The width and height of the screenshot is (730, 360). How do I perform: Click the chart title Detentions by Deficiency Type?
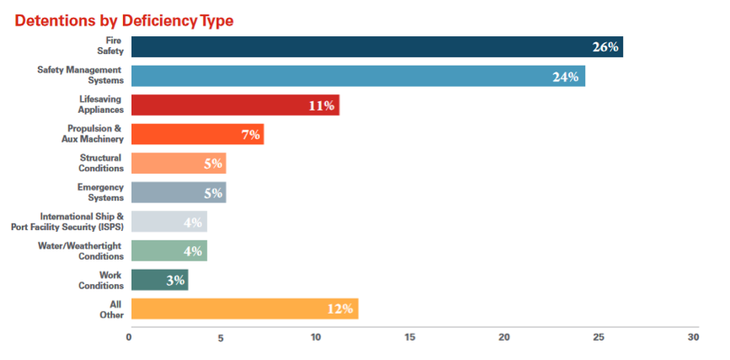point(124,21)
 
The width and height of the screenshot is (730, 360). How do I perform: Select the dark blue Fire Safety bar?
point(377,46)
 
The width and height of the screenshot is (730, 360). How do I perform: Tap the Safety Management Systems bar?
point(358,76)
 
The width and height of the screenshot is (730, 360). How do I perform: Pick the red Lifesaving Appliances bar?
point(235,105)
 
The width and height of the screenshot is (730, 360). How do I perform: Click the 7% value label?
point(250,135)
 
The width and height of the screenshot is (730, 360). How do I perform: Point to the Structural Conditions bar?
point(179,163)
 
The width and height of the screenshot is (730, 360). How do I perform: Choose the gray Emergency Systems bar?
point(179,192)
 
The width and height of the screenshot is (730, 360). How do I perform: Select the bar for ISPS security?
point(169,221)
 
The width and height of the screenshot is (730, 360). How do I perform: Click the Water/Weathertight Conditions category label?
point(81,250)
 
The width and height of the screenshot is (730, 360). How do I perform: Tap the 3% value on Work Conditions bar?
point(175,281)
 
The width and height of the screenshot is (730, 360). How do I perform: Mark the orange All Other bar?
point(245,309)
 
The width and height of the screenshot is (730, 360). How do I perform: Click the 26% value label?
point(605,47)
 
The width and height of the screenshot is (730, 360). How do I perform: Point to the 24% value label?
point(566,77)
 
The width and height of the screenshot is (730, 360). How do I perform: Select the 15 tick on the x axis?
point(411,337)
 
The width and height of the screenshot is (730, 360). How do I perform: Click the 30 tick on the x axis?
point(694,337)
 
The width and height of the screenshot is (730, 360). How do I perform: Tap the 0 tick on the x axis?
point(128,337)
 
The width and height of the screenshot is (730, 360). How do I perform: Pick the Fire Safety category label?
point(110,46)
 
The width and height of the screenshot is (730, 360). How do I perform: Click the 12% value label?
point(340,309)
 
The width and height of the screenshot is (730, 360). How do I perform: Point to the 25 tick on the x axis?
point(598,337)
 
